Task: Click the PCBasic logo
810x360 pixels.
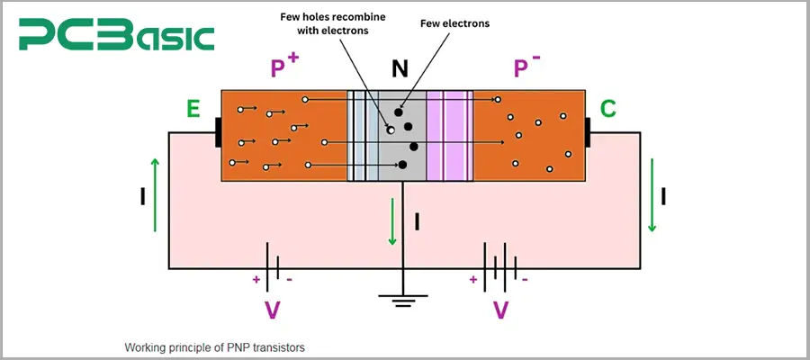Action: (x=118, y=37)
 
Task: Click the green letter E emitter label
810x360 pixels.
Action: (x=193, y=110)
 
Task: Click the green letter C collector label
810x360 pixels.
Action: (x=608, y=110)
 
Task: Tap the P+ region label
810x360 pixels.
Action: (x=283, y=67)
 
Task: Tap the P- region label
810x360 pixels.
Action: (x=525, y=67)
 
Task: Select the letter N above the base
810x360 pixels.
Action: (x=402, y=69)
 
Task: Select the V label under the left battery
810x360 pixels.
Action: (x=273, y=310)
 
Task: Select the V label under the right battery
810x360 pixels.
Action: (x=501, y=310)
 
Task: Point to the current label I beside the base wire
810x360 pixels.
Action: (x=417, y=219)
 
